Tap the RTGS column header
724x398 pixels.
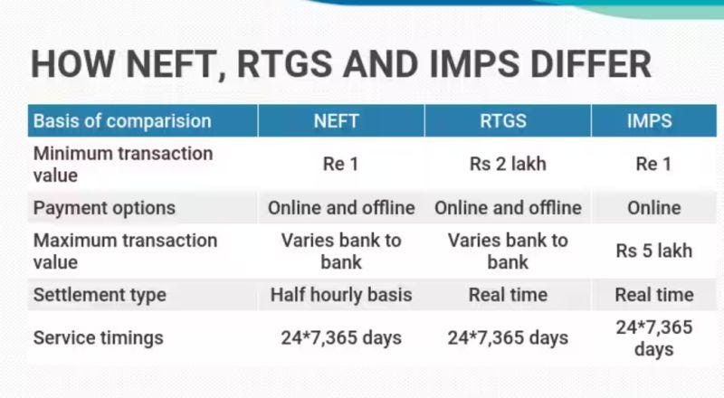point(508,120)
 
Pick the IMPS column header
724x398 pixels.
point(653,120)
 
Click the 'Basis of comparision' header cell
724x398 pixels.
point(121,120)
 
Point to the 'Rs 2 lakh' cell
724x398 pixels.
point(508,164)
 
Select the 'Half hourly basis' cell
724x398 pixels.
point(341,295)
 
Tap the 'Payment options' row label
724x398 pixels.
point(104,208)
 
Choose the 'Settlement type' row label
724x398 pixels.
point(100,295)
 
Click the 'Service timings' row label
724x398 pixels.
point(98,338)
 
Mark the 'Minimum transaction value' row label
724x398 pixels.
point(122,164)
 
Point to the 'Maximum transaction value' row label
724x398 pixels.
point(125,251)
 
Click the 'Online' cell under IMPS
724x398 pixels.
point(653,208)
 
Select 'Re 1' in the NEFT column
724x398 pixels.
point(341,164)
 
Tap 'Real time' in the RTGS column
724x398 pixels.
point(508,295)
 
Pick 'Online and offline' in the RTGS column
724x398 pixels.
point(508,208)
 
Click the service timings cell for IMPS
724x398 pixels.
point(653,338)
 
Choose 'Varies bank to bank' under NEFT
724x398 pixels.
point(341,251)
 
